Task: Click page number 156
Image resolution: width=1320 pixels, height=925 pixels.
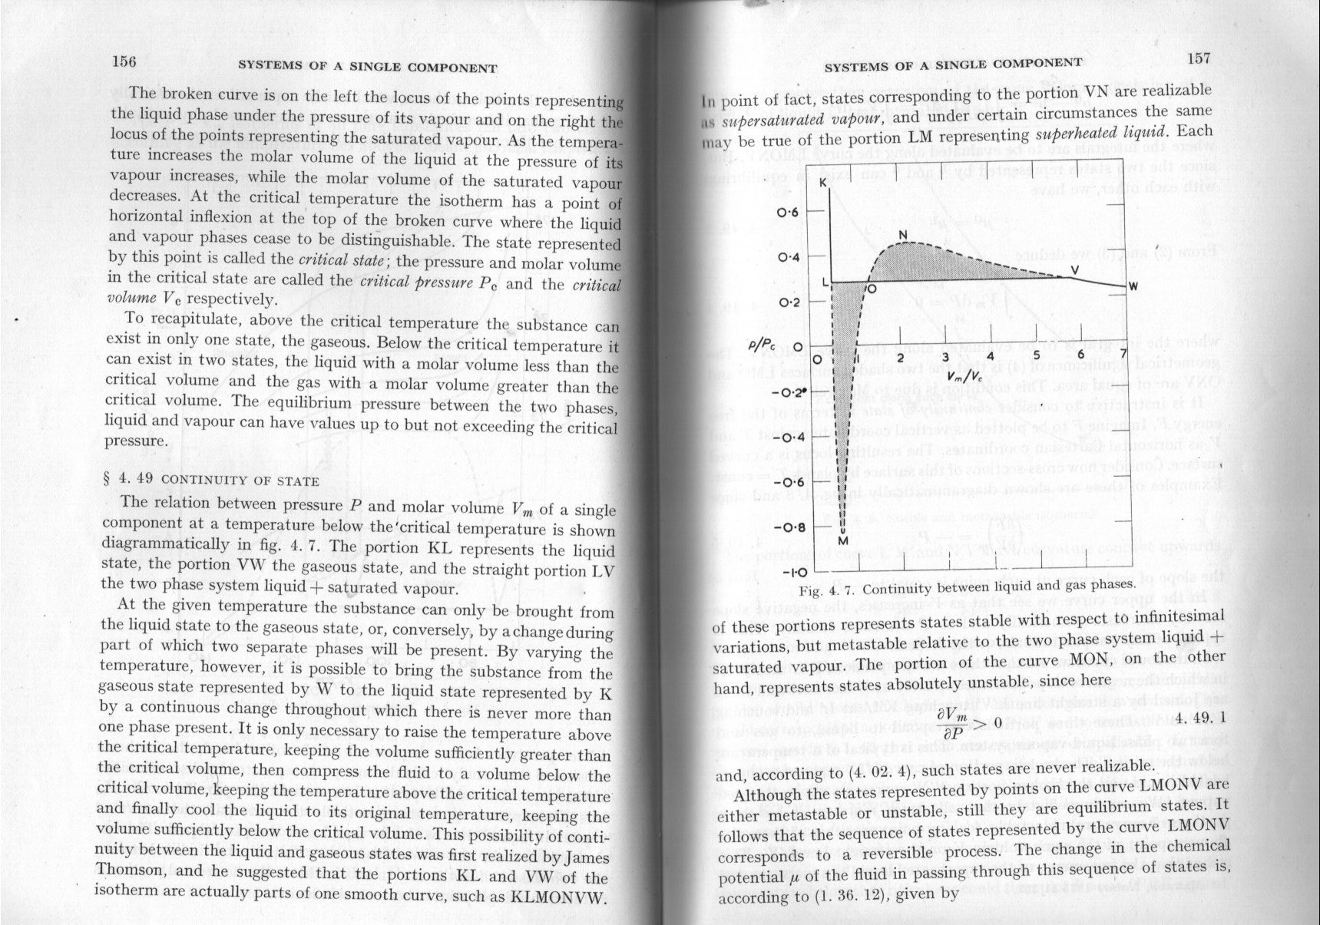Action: tap(124, 63)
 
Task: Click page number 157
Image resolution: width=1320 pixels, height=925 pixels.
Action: tap(1198, 58)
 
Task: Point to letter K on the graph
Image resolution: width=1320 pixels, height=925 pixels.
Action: tap(822, 183)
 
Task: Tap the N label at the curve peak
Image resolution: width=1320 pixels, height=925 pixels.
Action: tap(903, 235)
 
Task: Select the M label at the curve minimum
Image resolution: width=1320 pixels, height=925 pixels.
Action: tap(842, 540)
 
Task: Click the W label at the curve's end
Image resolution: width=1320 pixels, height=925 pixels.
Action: tap(1132, 286)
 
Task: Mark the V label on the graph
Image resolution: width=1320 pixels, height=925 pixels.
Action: tap(1074, 269)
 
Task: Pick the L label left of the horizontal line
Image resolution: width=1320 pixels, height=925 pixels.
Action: tap(825, 282)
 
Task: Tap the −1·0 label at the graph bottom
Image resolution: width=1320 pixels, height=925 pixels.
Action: tap(791, 573)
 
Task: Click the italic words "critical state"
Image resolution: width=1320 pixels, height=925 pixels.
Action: tap(331, 259)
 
